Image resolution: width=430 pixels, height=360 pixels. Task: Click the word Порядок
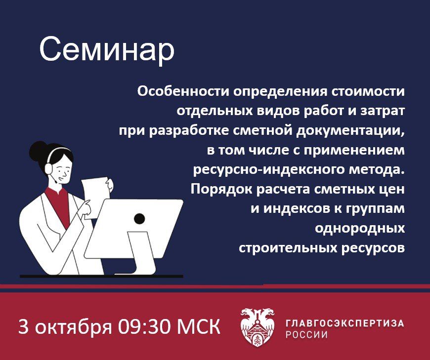(x=221, y=190)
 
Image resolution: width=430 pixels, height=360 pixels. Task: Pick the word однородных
(x=360, y=229)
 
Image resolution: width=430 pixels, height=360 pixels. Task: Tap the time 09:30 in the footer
(x=144, y=326)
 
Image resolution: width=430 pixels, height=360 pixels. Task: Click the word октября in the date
(x=74, y=327)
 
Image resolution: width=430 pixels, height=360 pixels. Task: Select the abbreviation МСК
(x=198, y=326)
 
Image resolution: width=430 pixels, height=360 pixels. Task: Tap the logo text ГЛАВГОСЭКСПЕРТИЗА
(x=344, y=323)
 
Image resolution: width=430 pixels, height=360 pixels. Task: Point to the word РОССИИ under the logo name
(x=306, y=334)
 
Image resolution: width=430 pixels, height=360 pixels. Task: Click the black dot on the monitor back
(x=139, y=218)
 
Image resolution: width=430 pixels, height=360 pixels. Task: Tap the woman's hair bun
(x=39, y=150)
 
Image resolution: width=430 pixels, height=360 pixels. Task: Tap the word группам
(x=375, y=209)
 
